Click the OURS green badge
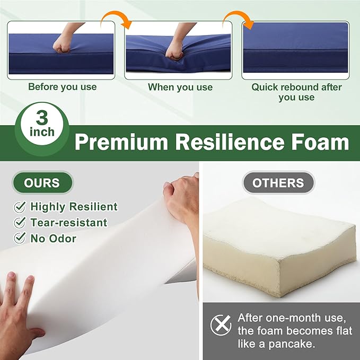[x=42, y=183]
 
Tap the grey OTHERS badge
[x=278, y=183]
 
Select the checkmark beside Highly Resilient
[x=20, y=207]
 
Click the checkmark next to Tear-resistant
[x=20, y=223]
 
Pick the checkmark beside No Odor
[x=20, y=238]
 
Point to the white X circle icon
[x=221, y=325]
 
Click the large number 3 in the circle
[x=42, y=118]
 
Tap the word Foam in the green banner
[x=320, y=142]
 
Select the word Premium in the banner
[x=121, y=142]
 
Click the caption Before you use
[x=63, y=87]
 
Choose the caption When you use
[x=180, y=87]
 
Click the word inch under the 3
[x=42, y=132]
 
